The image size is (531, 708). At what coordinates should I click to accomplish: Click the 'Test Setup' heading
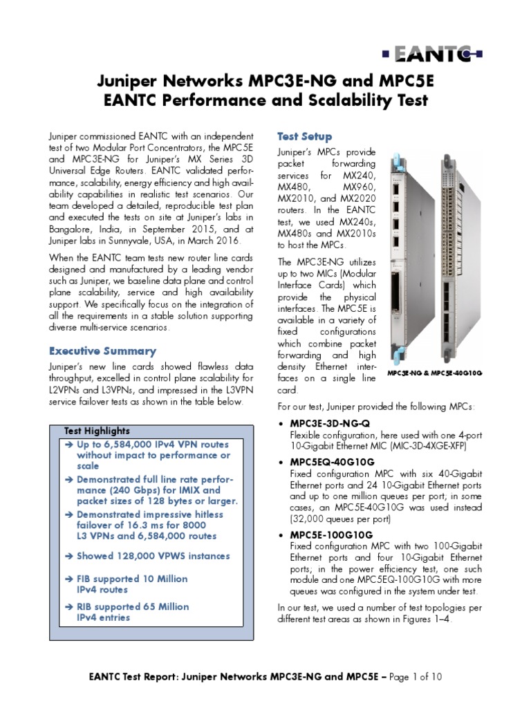304,136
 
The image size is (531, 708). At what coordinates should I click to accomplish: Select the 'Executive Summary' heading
102,351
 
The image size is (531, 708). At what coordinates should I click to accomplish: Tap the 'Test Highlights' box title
97,431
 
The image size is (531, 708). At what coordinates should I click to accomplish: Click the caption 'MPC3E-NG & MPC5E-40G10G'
434,373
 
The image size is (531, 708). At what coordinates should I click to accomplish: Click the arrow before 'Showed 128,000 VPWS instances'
68,556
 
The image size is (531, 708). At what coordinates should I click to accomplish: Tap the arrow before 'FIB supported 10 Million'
68,579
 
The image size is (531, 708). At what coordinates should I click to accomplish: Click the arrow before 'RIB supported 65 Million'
68,606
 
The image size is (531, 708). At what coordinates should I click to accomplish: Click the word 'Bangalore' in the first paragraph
71,229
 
